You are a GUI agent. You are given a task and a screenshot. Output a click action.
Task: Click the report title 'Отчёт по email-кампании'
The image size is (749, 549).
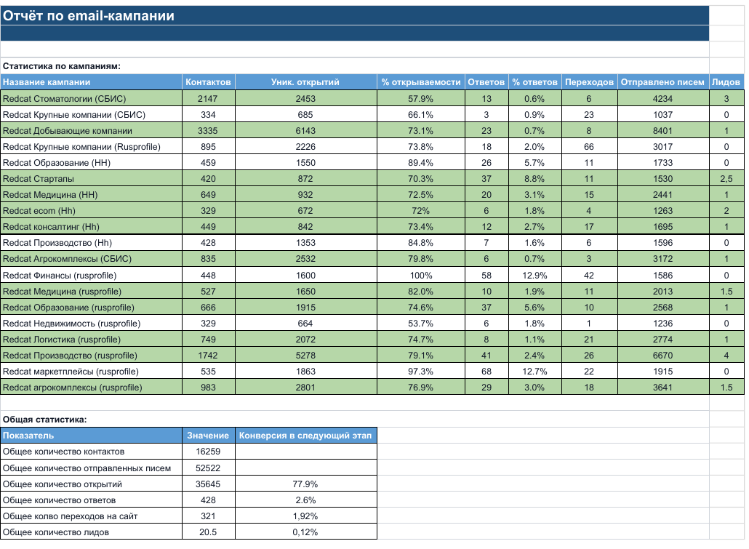[89, 16]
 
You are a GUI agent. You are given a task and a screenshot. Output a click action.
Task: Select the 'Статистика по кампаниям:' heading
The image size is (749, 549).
[62, 66]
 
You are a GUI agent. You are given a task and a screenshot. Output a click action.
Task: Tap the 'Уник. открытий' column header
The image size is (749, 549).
[305, 82]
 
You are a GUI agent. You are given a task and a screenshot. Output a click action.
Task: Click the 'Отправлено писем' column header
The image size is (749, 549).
[662, 82]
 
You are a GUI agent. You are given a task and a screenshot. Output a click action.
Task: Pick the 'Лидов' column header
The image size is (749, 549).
[726, 82]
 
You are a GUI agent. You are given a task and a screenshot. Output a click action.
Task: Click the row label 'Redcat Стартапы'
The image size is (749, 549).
[39, 179]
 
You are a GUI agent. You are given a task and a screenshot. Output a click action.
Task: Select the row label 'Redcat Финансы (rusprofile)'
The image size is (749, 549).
[60, 275]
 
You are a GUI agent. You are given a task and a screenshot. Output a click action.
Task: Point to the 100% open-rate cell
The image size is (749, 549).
[421, 275]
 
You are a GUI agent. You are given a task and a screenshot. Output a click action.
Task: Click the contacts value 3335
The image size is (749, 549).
[208, 130]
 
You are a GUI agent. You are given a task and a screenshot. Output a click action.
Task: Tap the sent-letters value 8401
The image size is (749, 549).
[662, 130]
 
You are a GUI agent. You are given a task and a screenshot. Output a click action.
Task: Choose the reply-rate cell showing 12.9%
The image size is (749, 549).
[534, 275]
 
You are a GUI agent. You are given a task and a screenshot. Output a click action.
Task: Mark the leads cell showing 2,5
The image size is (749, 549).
[726, 179]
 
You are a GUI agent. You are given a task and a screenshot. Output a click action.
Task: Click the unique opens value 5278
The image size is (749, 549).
[305, 356]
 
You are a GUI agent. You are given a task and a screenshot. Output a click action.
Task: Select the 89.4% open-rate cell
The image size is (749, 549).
[421, 162]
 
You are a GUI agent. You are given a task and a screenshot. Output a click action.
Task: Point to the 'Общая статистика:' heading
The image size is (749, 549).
[45, 420]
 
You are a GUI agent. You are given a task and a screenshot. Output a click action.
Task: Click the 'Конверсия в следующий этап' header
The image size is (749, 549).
[305, 436]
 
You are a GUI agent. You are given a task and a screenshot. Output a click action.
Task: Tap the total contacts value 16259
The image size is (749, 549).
[208, 452]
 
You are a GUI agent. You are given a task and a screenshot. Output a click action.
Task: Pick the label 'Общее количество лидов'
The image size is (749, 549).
[56, 532]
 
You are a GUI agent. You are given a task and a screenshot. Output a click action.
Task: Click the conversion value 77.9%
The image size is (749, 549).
[305, 484]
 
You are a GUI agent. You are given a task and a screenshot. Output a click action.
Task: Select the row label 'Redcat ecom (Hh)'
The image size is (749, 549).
[39, 211]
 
